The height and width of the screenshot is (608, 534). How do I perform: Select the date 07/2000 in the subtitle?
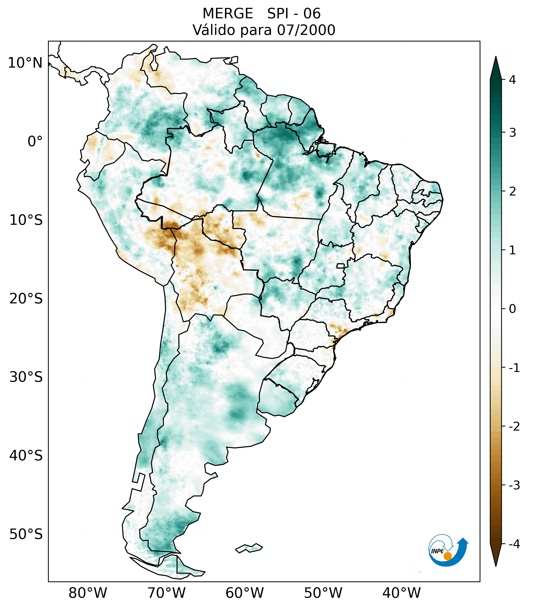(x=306, y=30)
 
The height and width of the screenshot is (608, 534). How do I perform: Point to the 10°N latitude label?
(x=25, y=63)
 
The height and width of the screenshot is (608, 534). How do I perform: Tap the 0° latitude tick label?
(x=35, y=142)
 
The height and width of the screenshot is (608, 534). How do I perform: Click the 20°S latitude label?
(x=26, y=299)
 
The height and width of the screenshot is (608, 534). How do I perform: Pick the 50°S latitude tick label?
(x=26, y=535)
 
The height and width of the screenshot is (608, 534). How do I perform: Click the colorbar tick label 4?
(x=512, y=80)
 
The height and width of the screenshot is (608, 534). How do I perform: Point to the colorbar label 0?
(x=512, y=309)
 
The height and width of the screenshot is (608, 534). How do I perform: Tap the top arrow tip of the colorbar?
(x=496, y=58)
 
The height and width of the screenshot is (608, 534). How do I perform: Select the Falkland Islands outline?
(x=249, y=548)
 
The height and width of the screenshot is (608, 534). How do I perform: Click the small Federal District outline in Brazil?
(x=340, y=266)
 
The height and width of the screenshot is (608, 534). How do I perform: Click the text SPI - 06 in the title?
(x=294, y=14)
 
